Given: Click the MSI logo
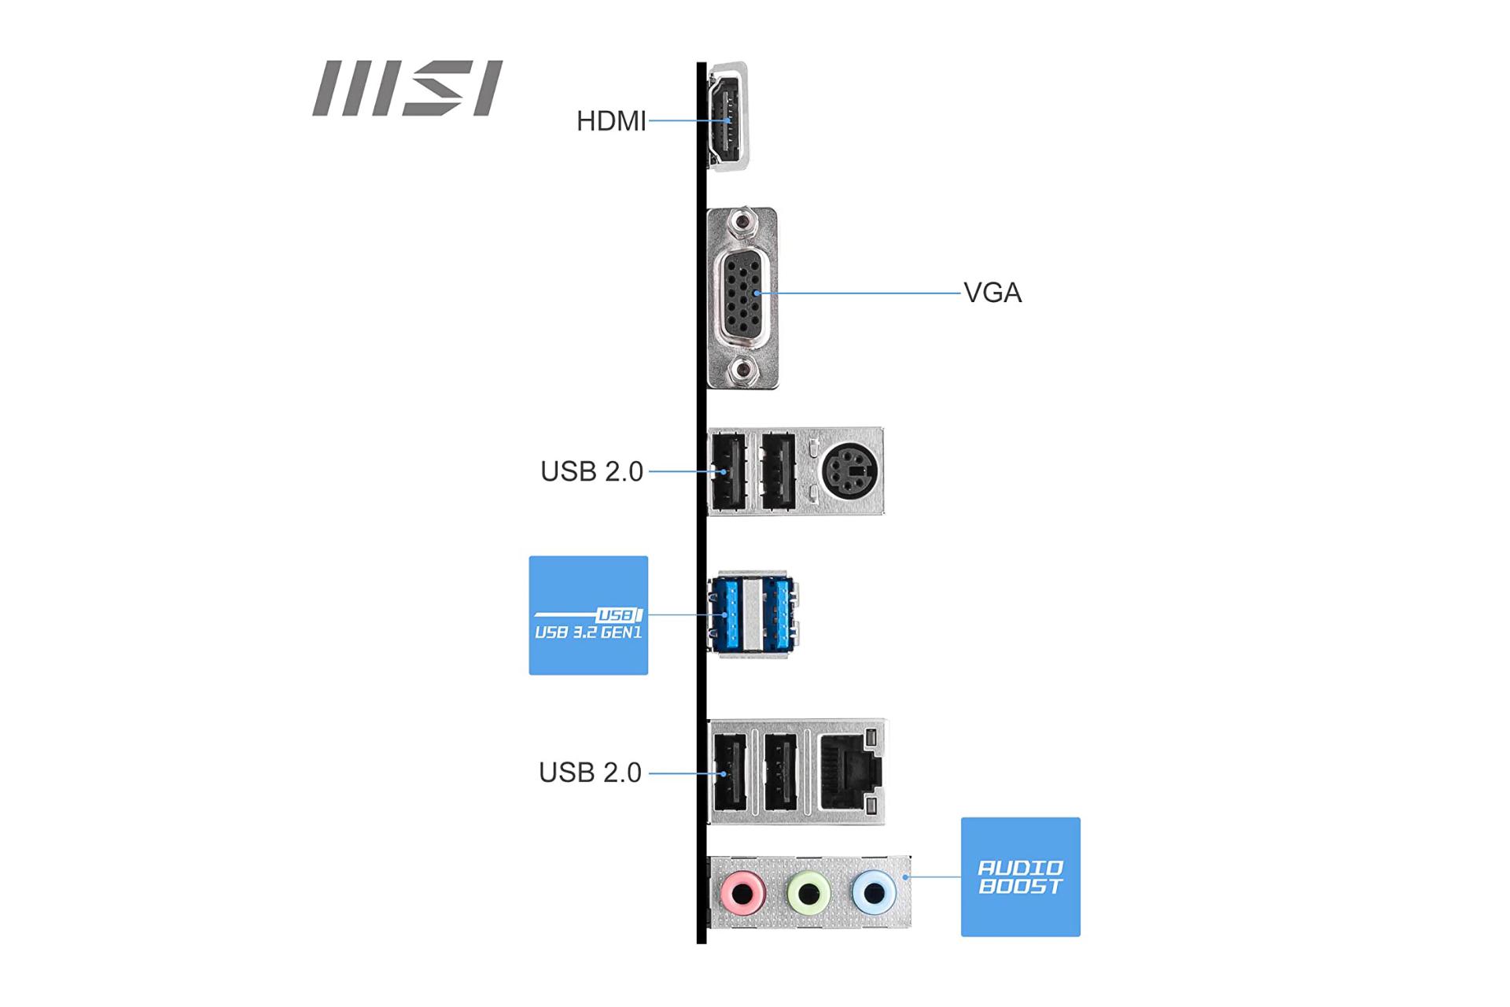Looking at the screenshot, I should tap(407, 88).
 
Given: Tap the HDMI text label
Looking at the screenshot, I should tap(611, 121).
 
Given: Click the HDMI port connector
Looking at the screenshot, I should tap(728, 116).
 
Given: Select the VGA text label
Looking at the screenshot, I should tap(993, 293).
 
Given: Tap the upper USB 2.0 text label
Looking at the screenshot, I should tap(591, 471).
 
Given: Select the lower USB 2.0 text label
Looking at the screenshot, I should tap(590, 773).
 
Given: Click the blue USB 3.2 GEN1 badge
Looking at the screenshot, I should tap(588, 615).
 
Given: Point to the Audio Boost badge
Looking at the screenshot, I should tap(1020, 876).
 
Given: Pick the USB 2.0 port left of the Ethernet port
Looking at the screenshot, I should tap(781, 772).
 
